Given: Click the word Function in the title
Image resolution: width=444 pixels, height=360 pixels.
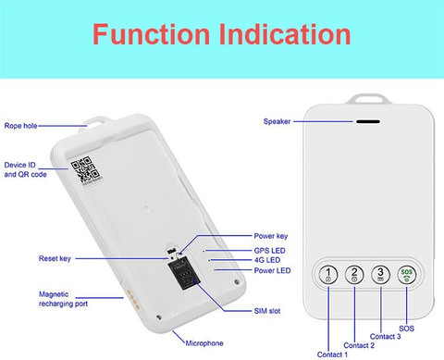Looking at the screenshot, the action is click(152, 34).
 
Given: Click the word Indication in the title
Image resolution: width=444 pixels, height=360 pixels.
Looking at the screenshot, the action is click(285, 34).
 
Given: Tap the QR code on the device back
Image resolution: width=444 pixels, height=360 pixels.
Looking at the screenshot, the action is click(85, 169).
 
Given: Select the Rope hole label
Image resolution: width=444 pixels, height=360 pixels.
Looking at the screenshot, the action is click(20, 126).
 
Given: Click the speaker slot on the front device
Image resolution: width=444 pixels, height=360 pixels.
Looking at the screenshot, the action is click(368, 121).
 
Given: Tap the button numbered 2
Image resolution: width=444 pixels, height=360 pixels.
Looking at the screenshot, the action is click(354, 274).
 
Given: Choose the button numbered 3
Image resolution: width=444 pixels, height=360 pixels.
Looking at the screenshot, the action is click(380, 274).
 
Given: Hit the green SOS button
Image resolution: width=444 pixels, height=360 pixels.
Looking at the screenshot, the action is click(407, 274).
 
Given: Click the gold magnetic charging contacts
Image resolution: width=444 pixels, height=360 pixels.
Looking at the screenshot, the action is click(133, 299).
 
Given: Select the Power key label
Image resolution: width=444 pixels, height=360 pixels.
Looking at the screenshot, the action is click(271, 236).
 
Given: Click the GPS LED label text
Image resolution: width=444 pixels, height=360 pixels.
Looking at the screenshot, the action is click(269, 251).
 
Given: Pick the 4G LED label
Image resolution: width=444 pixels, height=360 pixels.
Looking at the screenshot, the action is click(267, 260).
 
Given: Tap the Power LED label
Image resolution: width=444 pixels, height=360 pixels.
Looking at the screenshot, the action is click(272, 270).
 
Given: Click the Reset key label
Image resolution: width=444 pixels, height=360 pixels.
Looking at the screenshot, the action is click(55, 258).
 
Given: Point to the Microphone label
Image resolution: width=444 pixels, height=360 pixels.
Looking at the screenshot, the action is click(204, 343).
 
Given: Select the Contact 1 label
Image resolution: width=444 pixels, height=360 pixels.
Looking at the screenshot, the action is click(332, 354).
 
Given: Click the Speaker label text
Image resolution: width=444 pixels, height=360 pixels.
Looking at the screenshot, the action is click(277, 121).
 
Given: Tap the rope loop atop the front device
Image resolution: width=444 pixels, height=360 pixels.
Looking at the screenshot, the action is click(366, 100).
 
